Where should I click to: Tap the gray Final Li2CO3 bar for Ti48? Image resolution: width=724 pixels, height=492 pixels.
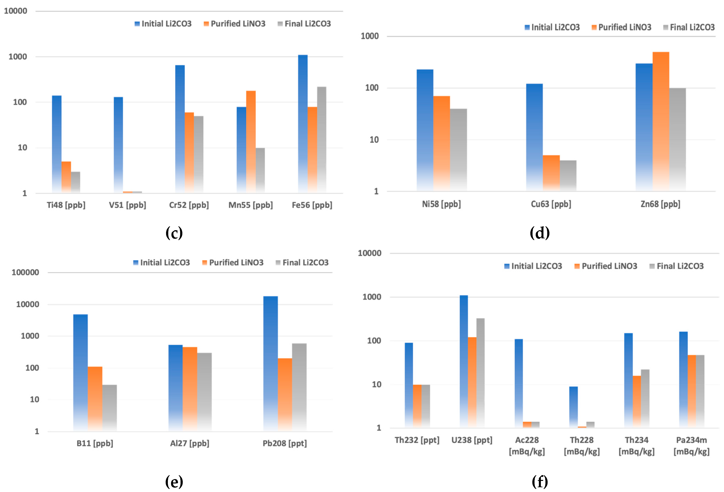[x=75, y=182]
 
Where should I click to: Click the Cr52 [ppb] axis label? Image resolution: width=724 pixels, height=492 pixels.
[x=189, y=205]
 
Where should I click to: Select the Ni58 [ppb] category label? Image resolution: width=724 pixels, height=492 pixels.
[x=441, y=204]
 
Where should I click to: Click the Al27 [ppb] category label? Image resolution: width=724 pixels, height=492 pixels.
[x=189, y=443]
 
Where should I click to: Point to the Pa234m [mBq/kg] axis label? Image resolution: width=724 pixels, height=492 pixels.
[x=691, y=446]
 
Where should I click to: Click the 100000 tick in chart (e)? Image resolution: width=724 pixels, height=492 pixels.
[x=25, y=272]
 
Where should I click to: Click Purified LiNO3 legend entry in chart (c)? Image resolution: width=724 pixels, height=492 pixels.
[x=235, y=24]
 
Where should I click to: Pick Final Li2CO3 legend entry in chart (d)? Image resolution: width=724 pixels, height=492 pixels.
[x=689, y=27]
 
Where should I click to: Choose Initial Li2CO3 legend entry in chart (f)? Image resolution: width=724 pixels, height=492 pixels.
[x=533, y=266]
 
